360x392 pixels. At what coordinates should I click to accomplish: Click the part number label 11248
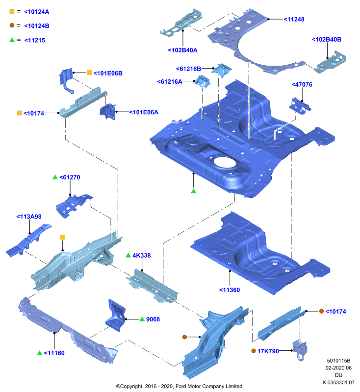coord(294,19)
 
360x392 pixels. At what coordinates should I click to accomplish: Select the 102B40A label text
coord(182,50)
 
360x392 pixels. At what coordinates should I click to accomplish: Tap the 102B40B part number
coord(327,40)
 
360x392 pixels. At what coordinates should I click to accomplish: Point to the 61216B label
coord(189,69)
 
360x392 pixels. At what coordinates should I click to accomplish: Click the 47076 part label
coord(302,84)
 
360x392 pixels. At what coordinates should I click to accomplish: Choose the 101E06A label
coord(144,112)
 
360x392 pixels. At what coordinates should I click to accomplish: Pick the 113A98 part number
coord(29,217)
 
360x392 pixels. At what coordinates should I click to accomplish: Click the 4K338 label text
coord(142,255)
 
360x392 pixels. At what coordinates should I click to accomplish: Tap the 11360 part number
coord(230,290)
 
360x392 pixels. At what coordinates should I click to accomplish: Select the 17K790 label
coord(268,351)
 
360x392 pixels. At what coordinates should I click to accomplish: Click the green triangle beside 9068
coord(142,319)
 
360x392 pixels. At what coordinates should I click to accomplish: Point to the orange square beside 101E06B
coord(89,73)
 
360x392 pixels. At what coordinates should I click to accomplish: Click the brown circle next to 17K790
coord(254,351)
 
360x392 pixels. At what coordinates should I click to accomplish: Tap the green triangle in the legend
coord(12,40)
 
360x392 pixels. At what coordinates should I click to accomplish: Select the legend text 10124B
coord(36,26)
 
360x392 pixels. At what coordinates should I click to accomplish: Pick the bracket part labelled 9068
coord(116,316)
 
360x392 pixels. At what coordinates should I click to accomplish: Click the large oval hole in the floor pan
coord(225,162)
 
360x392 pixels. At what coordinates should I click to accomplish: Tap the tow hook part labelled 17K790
coord(300,350)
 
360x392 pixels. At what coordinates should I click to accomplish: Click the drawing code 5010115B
coord(338,361)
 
